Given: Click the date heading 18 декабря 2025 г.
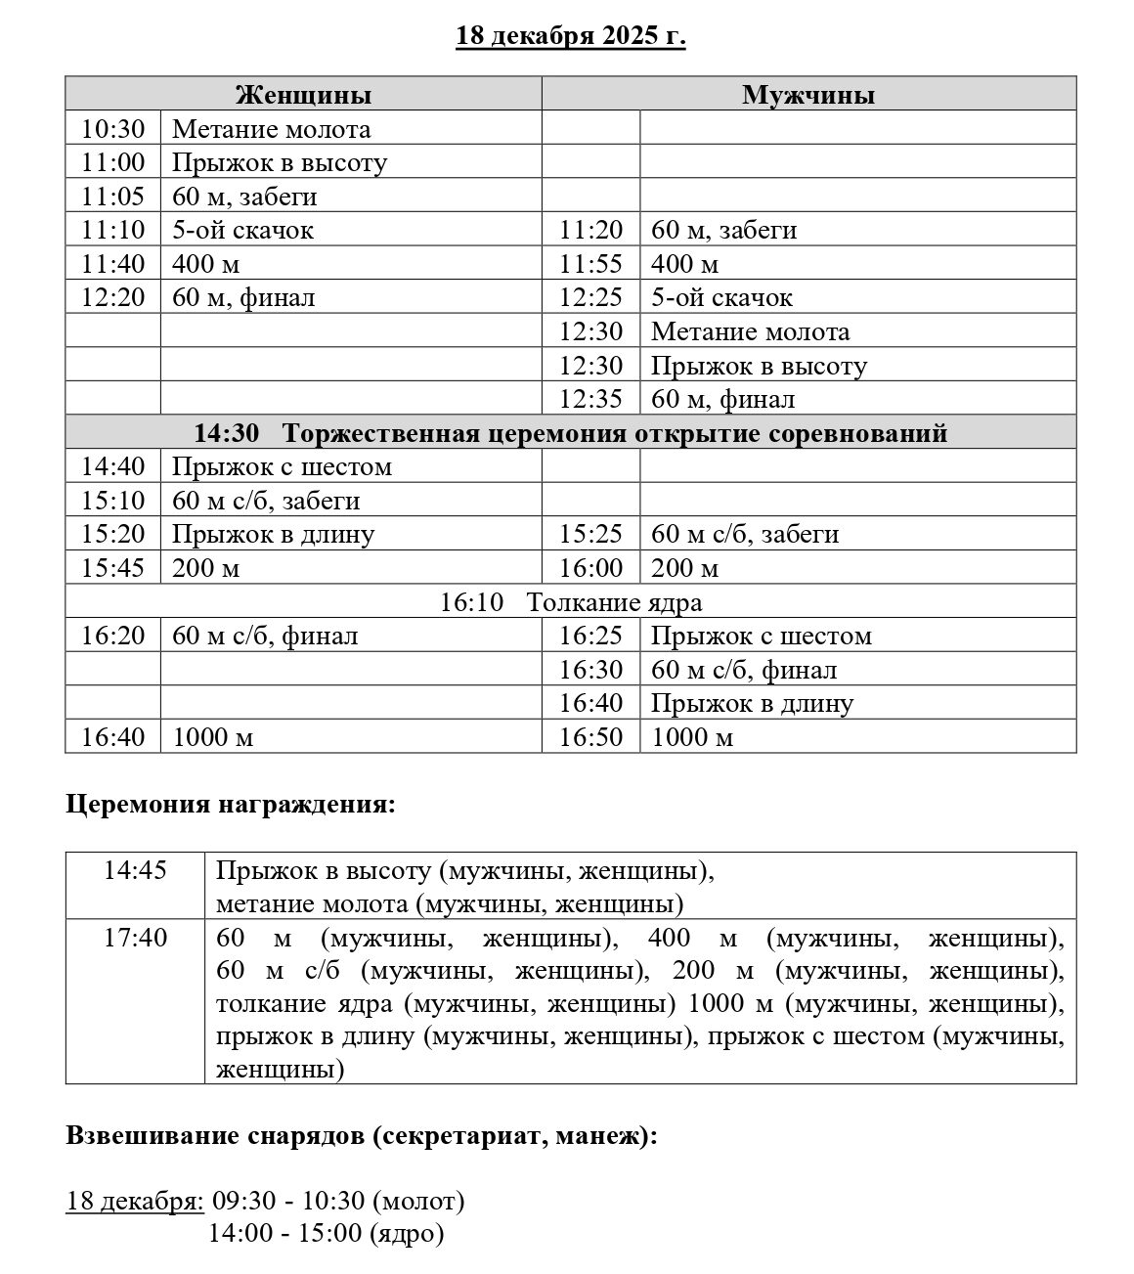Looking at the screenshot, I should [571, 36].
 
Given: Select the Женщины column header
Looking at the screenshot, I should [303, 95].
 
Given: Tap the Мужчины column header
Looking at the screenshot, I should [808, 95].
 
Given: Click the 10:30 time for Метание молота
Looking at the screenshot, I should [112, 129].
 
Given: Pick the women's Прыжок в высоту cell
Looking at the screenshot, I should [280, 162].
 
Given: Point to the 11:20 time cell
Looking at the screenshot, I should [590, 231].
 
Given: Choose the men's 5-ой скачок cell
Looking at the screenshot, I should [721, 298].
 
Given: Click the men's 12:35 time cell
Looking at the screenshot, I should [590, 400].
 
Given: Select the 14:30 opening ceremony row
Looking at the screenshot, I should [571, 433].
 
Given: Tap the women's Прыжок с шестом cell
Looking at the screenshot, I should [282, 467].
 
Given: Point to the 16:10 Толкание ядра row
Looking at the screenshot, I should [571, 602].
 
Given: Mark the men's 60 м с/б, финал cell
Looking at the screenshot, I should [744, 671].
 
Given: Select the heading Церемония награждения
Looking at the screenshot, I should [232, 805].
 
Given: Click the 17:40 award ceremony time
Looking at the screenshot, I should [135, 939].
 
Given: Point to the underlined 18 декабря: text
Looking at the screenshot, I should [135, 1201].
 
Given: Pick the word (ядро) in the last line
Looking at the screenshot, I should [408, 1234].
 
